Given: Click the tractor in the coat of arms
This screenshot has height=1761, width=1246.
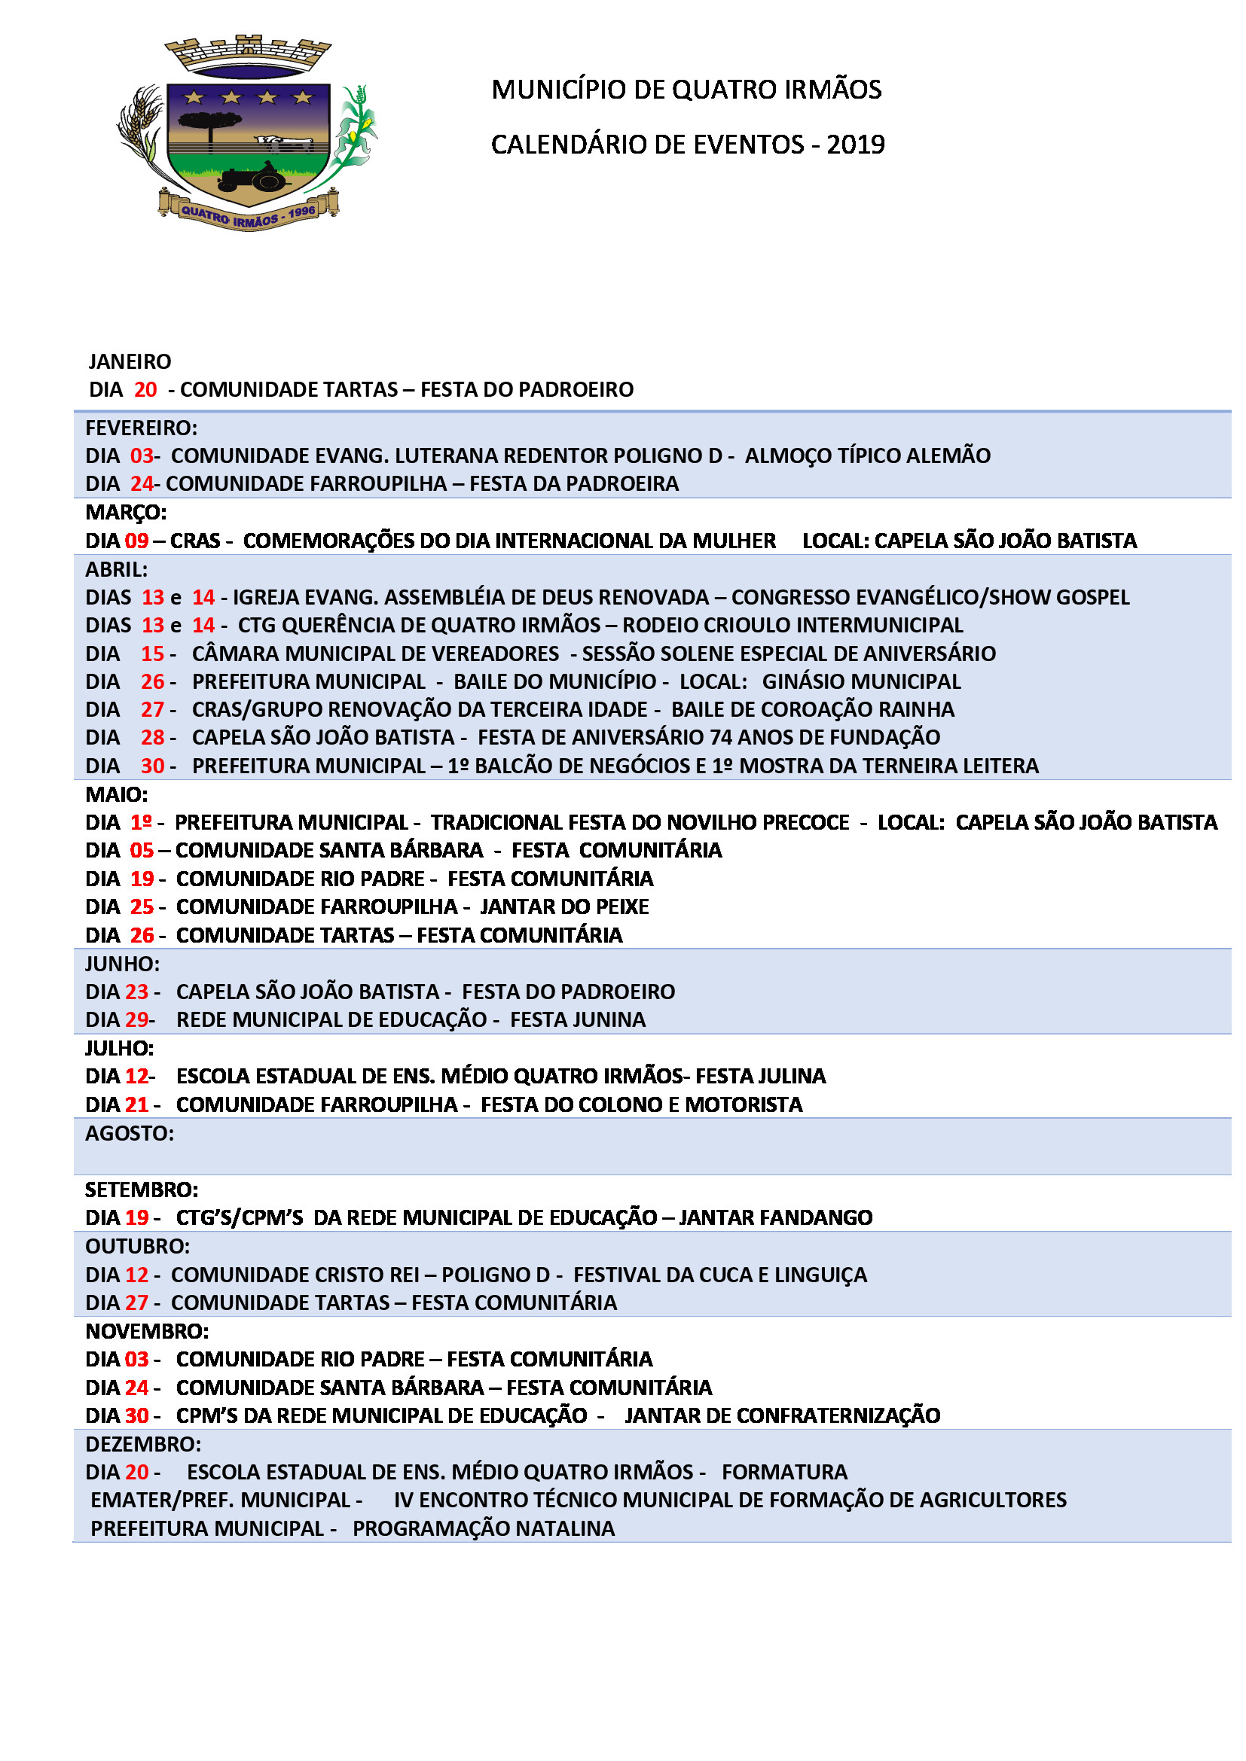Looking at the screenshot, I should click(253, 178).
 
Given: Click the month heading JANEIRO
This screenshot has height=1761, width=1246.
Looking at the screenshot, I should click(130, 361).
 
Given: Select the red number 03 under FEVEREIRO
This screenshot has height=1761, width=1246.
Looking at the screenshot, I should click(142, 455).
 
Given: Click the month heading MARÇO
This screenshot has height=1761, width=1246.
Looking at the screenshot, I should click(126, 511).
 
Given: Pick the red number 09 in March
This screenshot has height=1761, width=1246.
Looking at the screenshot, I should click(136, 541).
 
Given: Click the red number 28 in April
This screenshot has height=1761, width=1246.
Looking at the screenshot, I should click(152, 737).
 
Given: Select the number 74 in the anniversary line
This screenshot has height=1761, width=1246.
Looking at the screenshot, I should click(721, 737).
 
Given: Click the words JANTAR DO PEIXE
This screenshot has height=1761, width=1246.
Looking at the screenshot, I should click(564, 906).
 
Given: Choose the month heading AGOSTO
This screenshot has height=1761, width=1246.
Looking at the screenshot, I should click(129, 1133).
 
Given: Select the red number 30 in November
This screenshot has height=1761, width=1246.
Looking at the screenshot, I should click(136, 1415).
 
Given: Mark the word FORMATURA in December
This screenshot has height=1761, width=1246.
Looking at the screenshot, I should click(784, 1472).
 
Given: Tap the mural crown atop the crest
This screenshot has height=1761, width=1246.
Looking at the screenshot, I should click(248, 53).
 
